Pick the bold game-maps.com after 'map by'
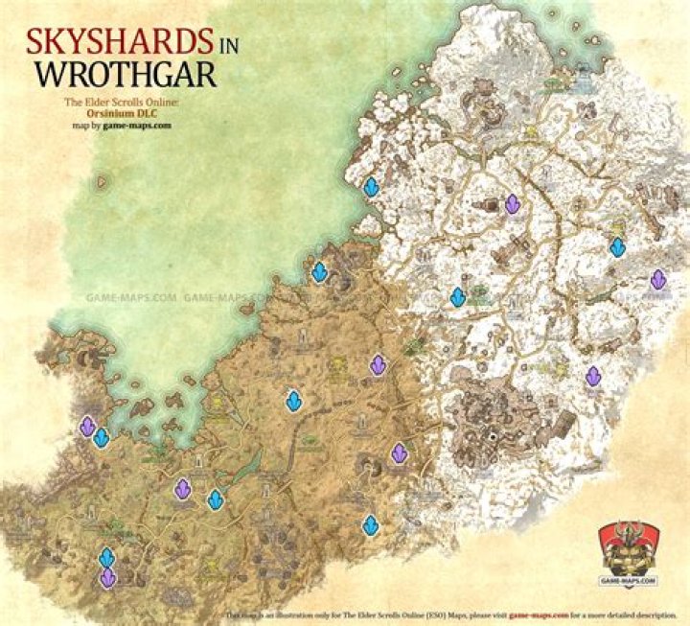145,125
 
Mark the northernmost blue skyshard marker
371,187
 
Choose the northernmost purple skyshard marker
513,204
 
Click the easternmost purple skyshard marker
658,279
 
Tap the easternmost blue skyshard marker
618,247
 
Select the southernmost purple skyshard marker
107,577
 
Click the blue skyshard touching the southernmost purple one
106,557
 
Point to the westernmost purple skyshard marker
87,426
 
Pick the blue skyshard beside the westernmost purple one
101,438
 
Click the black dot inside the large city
493,436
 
